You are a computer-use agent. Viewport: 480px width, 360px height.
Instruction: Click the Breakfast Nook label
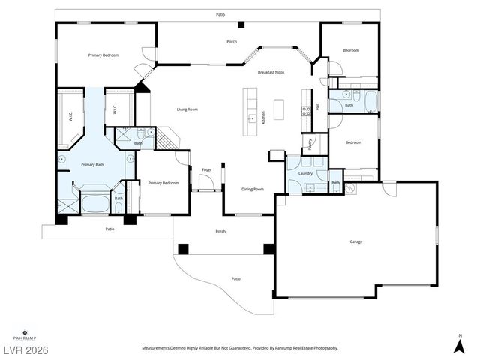tap(271, 72)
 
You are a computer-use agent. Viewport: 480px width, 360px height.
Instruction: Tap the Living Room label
tap(187, 109)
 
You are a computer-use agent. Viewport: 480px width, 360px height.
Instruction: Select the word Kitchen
tap(263, 118)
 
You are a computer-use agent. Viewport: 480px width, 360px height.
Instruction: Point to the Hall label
tap(317, 106)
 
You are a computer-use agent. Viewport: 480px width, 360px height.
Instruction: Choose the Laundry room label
tap(305, 173)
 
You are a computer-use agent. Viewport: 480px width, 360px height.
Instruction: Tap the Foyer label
tap(206, 170)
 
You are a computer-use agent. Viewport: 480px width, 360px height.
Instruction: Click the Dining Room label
tap(253, 189)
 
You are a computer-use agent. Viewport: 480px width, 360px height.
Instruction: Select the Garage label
tap(356, 241)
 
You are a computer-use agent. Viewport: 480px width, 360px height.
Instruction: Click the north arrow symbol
tap(459, 345)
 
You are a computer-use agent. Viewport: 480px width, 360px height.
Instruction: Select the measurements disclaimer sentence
tap(240, 348)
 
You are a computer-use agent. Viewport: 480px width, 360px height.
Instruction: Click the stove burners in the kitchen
tap(305, 111)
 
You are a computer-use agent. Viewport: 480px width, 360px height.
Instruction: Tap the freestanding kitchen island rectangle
tap(280, 109)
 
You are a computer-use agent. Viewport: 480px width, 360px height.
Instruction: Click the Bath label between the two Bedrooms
tap(349, 105)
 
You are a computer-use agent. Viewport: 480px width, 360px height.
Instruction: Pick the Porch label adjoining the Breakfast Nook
tap(232, 41)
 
